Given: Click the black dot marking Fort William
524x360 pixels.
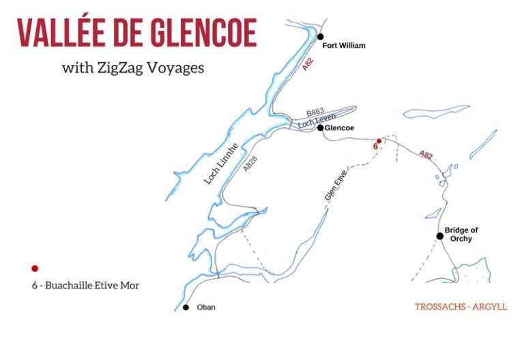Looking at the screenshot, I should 320,37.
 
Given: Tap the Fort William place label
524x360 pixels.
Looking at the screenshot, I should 344,46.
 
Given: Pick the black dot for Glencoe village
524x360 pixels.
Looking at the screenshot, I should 320,127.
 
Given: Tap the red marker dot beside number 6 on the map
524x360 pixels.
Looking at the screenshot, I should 379,141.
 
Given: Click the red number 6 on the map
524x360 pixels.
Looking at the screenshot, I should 375,146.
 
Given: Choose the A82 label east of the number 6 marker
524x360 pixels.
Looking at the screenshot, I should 426,155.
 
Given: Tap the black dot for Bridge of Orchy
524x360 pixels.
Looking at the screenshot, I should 440,236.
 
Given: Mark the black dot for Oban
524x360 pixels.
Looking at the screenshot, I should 186,307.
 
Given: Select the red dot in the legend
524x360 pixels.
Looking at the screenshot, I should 34,269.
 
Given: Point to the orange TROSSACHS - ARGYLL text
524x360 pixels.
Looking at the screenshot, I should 461,307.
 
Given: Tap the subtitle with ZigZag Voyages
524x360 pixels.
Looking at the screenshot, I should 132,68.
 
